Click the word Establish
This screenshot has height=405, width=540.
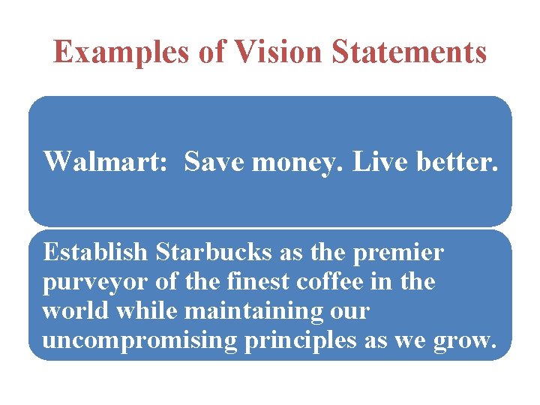coord(95,253)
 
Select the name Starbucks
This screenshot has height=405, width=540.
coord(214,253)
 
